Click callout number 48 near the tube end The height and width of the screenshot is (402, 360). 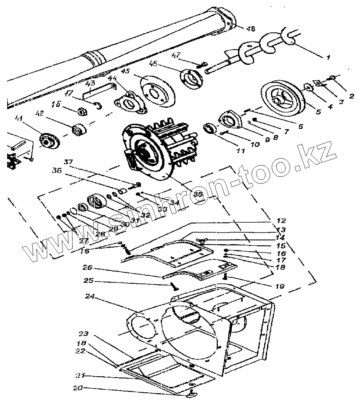point(250,29)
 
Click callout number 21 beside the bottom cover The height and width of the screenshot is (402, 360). point(79,375)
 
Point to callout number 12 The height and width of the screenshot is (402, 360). point(281,221)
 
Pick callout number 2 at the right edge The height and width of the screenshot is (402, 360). point(349,90)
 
